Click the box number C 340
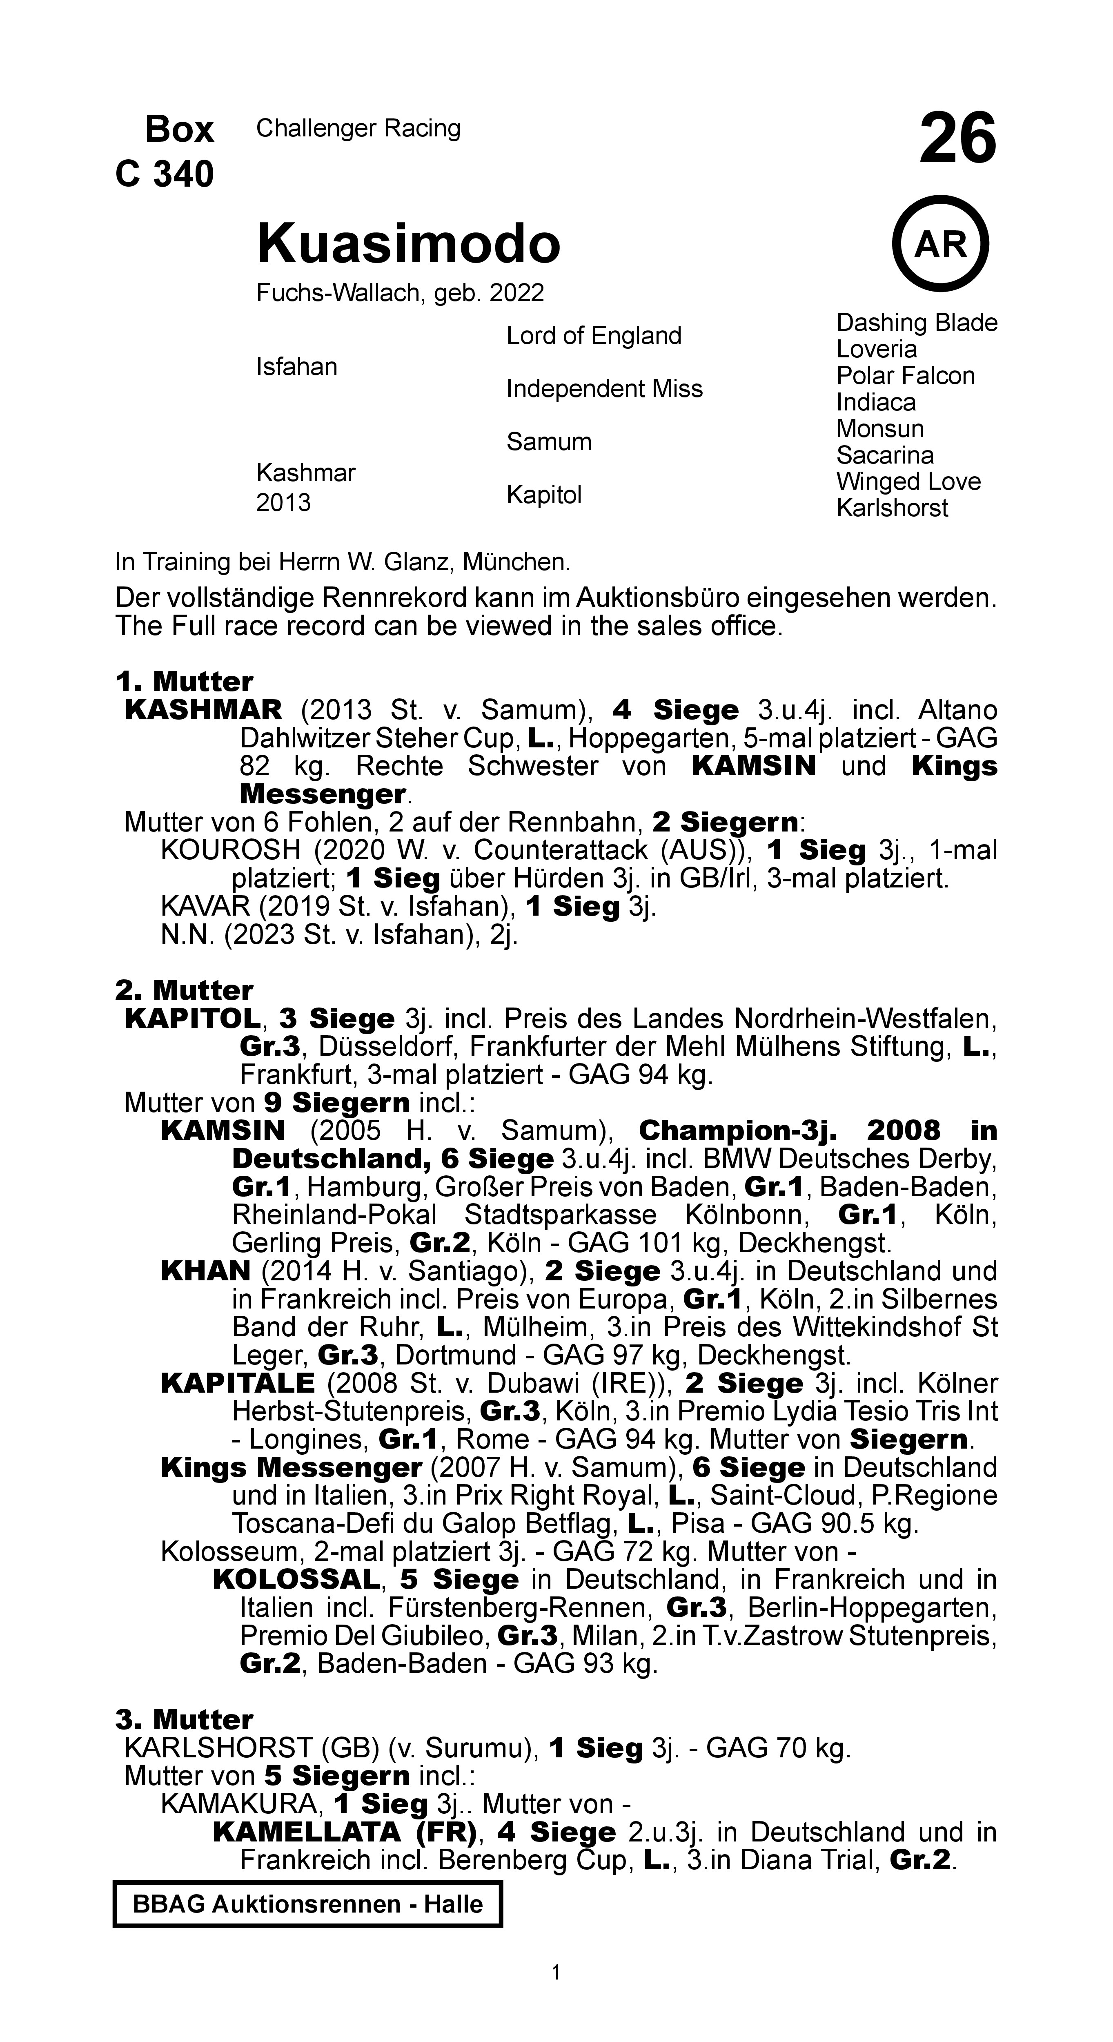click(165, 174)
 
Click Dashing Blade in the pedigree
click(916, 323)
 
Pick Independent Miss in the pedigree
click(604, 389)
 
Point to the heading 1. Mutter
click(184, 682)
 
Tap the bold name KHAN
click(205, 1271)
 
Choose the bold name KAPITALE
click(238, 1383)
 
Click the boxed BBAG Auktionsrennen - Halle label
click(307, 1903)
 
